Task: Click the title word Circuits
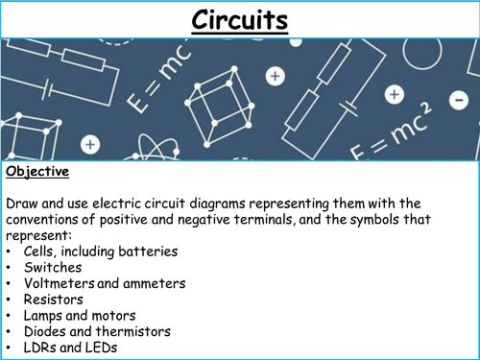coord(239,18)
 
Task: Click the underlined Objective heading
coord(39,173)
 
